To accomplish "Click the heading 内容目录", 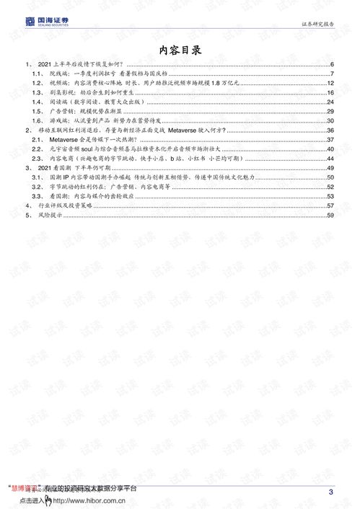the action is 180,50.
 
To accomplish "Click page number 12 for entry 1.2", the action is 329,84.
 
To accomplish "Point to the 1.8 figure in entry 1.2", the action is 212,84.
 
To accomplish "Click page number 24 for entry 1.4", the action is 329,102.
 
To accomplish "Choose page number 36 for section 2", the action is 329,130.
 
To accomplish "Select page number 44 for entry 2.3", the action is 329,158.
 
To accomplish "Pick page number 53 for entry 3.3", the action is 329,195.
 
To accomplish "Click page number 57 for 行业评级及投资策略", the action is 329,205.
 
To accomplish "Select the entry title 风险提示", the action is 51,214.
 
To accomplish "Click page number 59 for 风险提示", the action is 329,214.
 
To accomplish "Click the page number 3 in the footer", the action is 330,492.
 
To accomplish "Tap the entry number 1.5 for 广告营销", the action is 38,112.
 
